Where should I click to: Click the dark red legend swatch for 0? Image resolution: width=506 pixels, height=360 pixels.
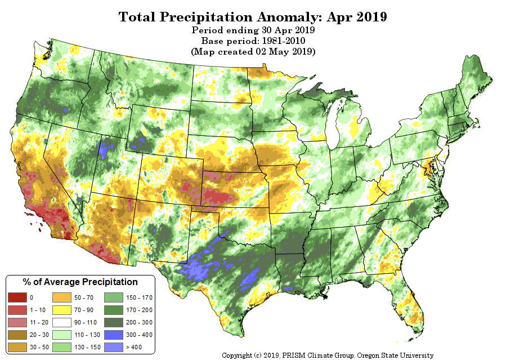[x=17, y=297]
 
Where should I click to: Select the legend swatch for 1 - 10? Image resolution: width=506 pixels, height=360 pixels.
[x=17, y=310]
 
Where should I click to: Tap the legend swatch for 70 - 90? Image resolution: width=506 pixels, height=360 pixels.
[x=62, y=310]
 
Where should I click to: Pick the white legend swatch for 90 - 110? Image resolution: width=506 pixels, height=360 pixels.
[x=62, y=322]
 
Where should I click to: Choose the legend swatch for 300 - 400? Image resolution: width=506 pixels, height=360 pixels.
[x=114, y=335]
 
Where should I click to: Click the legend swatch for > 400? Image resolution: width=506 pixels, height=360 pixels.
[x=114, y=347]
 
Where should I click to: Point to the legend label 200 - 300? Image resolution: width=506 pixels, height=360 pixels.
[x=139, y=322]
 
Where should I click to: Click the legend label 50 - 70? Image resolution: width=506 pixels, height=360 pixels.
[x=83, y=297]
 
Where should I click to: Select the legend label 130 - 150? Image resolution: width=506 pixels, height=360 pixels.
[x=87, y=347]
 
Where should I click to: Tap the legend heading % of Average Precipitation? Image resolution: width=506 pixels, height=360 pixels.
[x=80, y=282]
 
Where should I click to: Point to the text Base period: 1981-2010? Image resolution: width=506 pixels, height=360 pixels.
[x=253, y=41]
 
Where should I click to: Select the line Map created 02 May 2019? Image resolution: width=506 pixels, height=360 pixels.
[x=253, y=52]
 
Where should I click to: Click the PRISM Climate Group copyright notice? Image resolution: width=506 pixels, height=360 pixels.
[x=328, y=355]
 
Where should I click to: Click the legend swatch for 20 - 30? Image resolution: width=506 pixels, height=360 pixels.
[x=17, y=335]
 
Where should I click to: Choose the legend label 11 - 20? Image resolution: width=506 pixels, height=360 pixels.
[x=39, y=322]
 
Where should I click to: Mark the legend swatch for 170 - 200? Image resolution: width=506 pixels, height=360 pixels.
[x=114, y=310]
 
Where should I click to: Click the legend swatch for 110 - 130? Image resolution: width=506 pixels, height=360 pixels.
[x=62, y=335]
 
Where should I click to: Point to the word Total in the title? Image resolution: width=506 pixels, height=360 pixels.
[x=137, y=17]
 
